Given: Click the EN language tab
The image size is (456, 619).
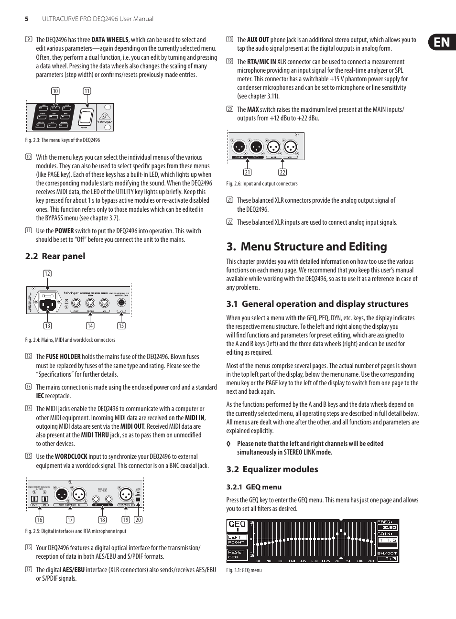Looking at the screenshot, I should coord(442,42).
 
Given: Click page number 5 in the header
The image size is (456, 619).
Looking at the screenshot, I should coord(27,19).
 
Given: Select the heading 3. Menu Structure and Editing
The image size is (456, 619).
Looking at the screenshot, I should coord(306,247).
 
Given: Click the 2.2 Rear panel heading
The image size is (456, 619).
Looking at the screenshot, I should coord(55,256).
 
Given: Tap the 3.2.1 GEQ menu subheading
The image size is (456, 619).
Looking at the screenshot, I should coord(253,487).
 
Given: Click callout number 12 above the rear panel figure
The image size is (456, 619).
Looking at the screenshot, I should coord(47,274).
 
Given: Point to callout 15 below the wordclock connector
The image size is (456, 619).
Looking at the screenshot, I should coord(121,326).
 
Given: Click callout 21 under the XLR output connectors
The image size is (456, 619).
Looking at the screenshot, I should coord(247,173).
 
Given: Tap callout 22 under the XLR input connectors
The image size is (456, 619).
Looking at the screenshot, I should coord(282,173).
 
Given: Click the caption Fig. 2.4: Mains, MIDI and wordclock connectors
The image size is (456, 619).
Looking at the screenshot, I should coord(70,340).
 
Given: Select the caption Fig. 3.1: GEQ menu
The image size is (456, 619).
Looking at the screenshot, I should coord(244,570).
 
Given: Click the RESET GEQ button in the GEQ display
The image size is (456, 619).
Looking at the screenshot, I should coord(237,554).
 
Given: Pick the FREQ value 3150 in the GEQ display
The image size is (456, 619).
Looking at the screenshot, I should coord(387,528).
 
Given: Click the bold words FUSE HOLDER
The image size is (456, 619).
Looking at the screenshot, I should coord(63,357).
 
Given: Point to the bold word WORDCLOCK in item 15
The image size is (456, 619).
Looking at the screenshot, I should coord(71,456).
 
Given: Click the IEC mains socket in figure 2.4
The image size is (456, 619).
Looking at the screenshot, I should coord(47,304).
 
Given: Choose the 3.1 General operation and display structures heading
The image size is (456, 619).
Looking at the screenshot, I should coord(317,304).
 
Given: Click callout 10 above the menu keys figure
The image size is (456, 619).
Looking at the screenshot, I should coord(55,91).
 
